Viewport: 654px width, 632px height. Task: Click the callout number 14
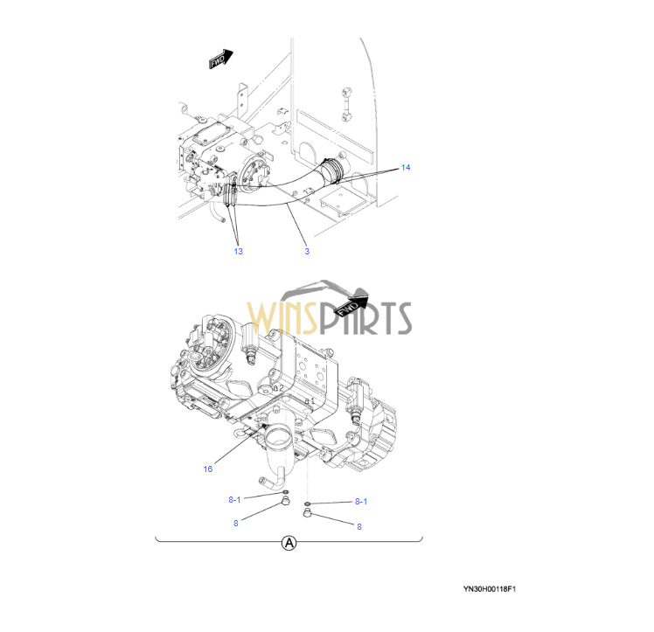tap(406, 168)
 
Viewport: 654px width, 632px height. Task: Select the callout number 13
tap(238, 252)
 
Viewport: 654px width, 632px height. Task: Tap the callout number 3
tap(307, 252)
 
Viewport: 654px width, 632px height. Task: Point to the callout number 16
tap(208, 469)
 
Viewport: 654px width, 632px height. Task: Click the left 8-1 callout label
tap(234, 499)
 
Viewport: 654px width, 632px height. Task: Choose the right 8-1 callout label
tap(361, 502)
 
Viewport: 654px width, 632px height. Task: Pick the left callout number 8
tap(236, 524)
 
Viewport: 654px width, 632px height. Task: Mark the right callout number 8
tap(359, 527)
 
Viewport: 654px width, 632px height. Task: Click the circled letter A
tap(289, 543)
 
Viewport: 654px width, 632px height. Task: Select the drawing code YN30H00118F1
tap(490, 589)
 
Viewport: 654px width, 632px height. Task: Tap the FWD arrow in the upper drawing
tap(220, 59)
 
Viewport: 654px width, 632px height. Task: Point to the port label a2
tap(278, 388)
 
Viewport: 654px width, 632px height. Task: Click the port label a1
tap(310, 401)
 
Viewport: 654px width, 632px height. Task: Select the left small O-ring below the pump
tap(285, 493)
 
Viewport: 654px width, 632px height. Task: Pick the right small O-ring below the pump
tap(308, 504)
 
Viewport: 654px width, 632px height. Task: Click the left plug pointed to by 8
tap(285, 501)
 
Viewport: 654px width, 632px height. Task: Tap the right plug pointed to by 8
tap(308, 513)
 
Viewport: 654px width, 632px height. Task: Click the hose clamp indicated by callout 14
tap(333, 170)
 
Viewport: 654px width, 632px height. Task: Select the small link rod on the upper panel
tap(346, 104)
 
